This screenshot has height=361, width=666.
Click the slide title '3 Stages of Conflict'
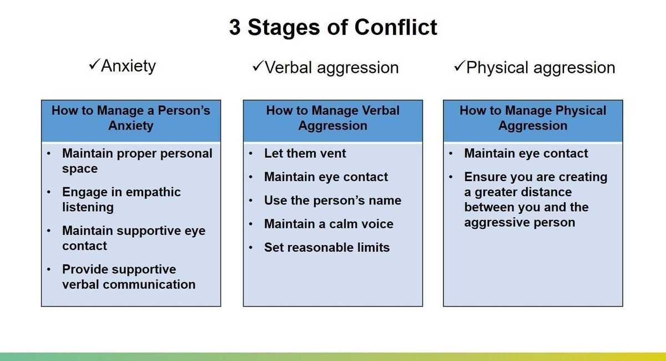point(333,27)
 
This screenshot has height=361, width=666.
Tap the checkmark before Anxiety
point(94,65)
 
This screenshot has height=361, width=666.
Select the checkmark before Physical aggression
point(459,67)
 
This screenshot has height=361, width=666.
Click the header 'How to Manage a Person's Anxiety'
point(131,118)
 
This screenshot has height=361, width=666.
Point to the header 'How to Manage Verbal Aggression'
point(332,118)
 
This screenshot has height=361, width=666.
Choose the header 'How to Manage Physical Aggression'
point(533,118)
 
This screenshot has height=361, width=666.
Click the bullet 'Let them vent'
point(305,153)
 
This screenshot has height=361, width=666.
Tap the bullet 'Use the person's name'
point(332,200)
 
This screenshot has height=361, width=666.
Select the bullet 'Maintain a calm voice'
point(329,224)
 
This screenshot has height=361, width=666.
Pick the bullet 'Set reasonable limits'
point(327,247)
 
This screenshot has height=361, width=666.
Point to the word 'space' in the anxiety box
point(79,169)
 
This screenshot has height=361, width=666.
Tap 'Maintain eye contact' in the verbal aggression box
point(326,177)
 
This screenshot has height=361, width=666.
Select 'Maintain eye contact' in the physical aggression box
point(526,153)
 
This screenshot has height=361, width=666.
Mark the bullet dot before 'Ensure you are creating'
point(452,177)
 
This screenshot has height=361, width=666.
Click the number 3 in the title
point(235,27)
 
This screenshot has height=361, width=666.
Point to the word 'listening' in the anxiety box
point(88,207)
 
